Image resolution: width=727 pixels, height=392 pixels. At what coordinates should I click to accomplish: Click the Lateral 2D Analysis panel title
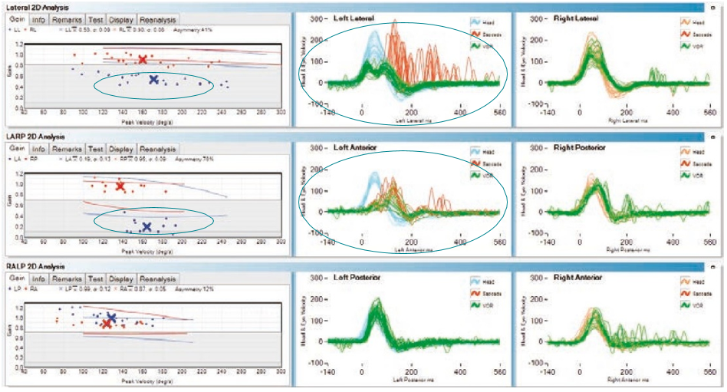[x=35, y=6]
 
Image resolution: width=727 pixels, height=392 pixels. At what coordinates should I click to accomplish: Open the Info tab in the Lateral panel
[x=39, y=19]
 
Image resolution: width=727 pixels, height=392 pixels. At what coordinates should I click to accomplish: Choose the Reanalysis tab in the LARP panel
[x=157, y=150]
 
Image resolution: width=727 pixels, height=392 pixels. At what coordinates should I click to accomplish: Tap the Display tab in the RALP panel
[x=121, y=279]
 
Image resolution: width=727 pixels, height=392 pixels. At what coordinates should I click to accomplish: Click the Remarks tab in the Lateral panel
[x=67, y=19]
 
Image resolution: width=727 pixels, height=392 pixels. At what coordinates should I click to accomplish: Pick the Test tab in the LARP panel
[x=96, y=150]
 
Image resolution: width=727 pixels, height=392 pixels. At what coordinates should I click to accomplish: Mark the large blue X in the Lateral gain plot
[x=153, y=79]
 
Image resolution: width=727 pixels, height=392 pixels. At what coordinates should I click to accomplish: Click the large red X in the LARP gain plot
[x=120, y=186]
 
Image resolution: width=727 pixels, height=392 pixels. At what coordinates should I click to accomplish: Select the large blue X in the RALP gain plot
[x=111, y=317]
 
